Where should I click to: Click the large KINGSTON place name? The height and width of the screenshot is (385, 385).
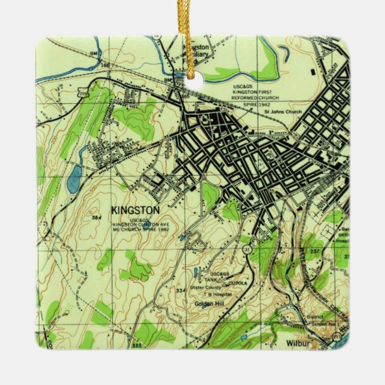(x=136, y=210)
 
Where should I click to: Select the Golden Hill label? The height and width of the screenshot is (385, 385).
(x=209, y=304)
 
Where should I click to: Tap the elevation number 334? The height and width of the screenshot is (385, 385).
(x=181, y=290)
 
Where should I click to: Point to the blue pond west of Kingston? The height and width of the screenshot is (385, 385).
(x=74, y=179)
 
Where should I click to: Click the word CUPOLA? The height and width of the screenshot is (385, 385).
(x=237, y=283)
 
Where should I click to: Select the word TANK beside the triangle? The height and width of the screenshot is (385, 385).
(x=210, y=279)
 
